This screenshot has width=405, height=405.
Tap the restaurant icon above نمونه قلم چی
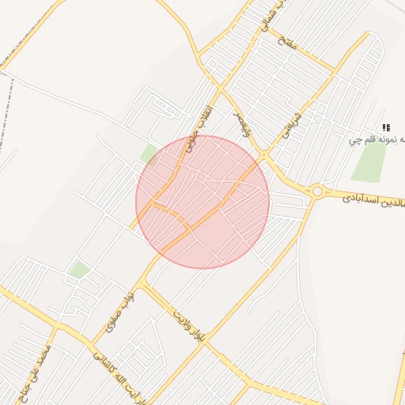pyautogui.click(x=386, y=127)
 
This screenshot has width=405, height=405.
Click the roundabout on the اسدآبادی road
pyautogui.click(x=318, y=191)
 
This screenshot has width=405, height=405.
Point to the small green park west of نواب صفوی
pyautogui.click(x=78, y=270)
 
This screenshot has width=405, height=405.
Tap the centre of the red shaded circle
pyautogui.click(x=202, y=202)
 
